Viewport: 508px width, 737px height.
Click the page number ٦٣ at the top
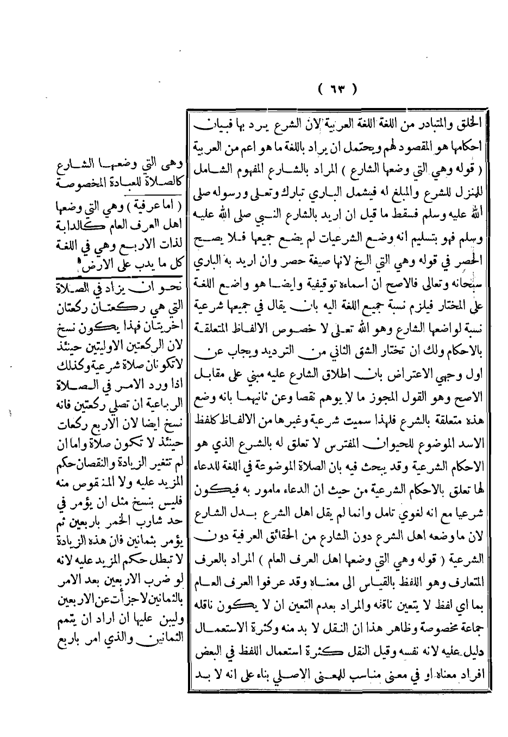[336, 87]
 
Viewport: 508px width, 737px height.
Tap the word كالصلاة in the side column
[161, 181]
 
